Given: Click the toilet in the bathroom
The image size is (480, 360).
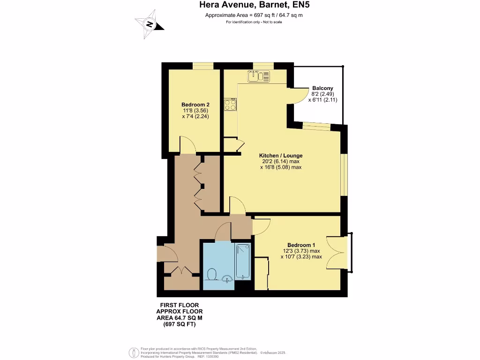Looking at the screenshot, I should (x=211, y=274).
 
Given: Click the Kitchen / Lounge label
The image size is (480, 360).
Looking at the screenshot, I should (x=281, y=156).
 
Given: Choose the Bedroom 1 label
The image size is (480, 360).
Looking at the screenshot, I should (x=301, y=245).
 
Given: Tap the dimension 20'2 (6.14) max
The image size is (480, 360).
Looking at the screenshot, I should (x=281, y=161).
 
